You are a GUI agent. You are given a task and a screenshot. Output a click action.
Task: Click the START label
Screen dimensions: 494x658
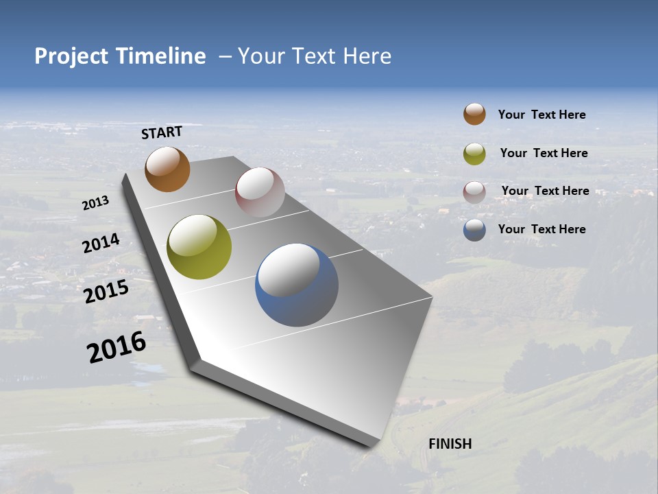162,132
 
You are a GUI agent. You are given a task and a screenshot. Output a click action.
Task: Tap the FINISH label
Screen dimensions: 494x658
450,444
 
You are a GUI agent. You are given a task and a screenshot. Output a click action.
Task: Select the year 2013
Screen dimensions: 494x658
96,202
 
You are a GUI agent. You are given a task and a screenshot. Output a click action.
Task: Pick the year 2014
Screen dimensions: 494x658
101,244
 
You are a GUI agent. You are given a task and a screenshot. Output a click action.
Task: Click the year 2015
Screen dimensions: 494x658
106,292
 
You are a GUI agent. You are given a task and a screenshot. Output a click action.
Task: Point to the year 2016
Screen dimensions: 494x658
117,347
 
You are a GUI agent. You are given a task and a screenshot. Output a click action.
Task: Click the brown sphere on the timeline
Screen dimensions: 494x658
167,169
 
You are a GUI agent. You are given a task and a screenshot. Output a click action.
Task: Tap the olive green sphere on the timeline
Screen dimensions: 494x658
199,247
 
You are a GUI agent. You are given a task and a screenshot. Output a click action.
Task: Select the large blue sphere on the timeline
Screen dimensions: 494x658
297,285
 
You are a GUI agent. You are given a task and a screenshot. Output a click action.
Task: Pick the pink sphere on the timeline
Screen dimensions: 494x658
260,192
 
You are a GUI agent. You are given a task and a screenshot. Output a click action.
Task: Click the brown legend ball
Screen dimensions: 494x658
474,114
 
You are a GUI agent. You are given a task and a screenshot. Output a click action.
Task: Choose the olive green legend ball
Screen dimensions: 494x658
474,153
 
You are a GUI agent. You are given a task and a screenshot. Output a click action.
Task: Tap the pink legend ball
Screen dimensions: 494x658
474,191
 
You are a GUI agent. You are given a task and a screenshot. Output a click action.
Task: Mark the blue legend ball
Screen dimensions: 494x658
474,230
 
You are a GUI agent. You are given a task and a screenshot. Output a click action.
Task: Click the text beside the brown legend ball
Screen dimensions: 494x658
541,115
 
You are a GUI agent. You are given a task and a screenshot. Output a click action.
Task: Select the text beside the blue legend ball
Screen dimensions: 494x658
541,229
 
